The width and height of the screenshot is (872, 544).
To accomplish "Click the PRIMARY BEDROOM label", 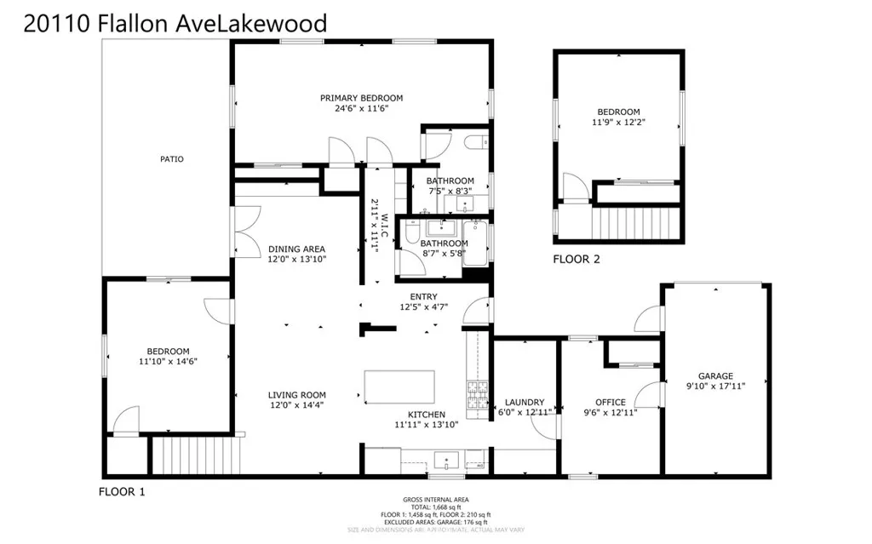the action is (361, 98).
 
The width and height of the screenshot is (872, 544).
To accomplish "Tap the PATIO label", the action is (171, 159).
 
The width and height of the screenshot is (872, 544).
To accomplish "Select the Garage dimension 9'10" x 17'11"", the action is (715, 387).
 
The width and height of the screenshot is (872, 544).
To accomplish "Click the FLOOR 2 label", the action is (577, 259).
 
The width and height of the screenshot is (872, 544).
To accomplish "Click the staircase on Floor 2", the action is (637, 224).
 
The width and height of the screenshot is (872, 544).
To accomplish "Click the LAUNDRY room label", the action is (525, 402).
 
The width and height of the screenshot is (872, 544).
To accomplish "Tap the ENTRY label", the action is (423, 296).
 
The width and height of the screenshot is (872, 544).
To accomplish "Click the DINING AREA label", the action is (296, 249).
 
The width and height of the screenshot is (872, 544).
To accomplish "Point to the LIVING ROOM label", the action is (297, 395).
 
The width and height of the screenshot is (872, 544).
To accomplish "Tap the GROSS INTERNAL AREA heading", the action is (435, 500).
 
